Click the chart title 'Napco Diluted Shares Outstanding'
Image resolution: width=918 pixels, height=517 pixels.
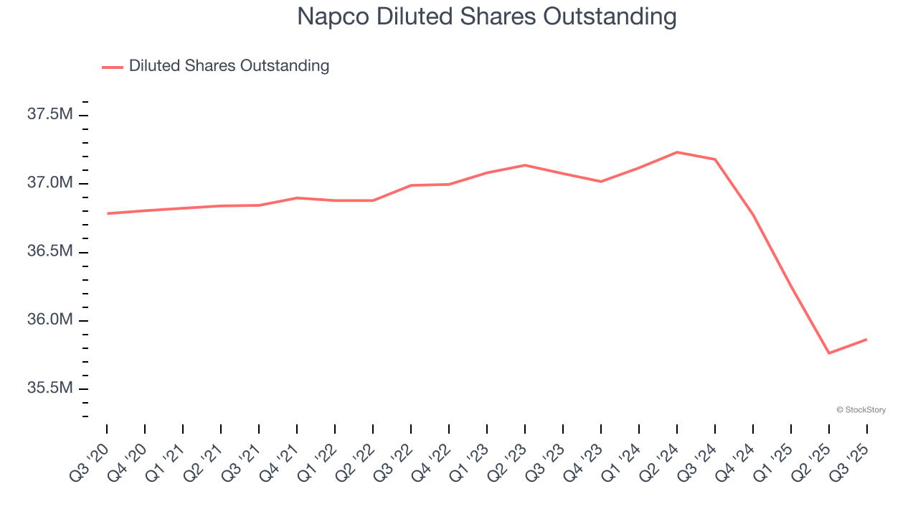(487, 17)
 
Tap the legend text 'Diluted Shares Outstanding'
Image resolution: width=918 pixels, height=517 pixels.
(229, 66)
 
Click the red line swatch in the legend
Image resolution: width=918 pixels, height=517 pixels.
(113, 67)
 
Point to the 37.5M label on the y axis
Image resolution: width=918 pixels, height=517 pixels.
(49, 114)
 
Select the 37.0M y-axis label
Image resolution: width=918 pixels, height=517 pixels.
(49, 183)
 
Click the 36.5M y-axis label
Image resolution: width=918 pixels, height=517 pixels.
(49, 251)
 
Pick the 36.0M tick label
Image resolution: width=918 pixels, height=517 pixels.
(49, 320)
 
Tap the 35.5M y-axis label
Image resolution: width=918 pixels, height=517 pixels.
(49, 388)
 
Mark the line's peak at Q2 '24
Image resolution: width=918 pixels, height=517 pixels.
(677, 152)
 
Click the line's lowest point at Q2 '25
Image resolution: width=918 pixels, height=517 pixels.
(829, 353)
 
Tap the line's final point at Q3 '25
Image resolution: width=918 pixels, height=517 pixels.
(866, 339)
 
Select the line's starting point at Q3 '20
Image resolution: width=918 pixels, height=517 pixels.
(107, 213)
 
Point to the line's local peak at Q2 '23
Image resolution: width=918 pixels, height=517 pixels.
(525, 165)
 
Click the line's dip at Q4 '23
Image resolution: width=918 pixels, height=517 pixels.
(601, 182)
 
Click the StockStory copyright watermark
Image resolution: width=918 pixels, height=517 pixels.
(861, 410)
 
